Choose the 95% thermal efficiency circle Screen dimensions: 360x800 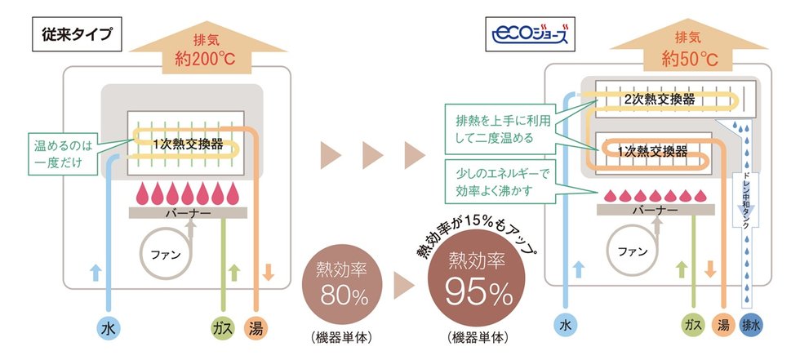point(474,281)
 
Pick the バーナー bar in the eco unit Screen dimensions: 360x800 point(655,209)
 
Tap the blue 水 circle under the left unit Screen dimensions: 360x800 point(107,330)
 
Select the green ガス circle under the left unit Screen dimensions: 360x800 point(221,330)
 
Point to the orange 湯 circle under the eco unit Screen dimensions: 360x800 point(720,325)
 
